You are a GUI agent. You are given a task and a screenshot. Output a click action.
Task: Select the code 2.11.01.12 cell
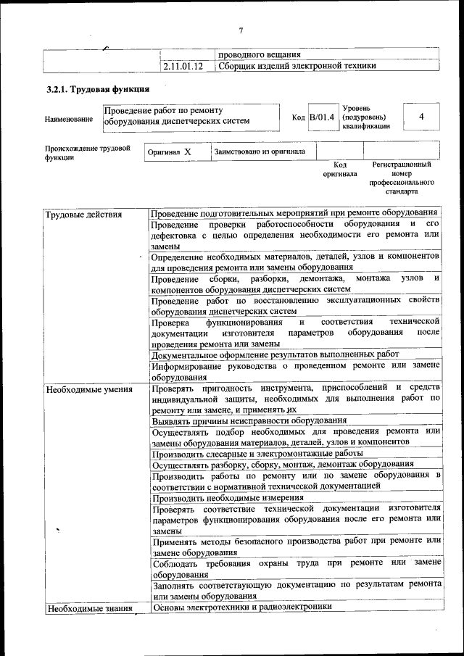183,66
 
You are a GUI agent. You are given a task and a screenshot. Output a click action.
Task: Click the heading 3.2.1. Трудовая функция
98,90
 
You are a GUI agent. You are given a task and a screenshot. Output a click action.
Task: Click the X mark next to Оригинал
188,152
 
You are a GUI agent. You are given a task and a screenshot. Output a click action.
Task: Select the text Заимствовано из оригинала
260,151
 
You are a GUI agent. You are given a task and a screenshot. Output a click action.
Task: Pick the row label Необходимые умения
89,390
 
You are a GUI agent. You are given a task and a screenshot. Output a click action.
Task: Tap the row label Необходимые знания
89,608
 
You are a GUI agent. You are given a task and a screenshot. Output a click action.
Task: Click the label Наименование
69,119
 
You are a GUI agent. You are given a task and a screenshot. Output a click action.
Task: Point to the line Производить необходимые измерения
228,498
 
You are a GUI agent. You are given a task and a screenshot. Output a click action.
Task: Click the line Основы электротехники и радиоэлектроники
241,607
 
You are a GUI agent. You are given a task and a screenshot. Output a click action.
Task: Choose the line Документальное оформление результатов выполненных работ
275,354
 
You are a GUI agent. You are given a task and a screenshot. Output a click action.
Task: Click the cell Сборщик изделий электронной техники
297,66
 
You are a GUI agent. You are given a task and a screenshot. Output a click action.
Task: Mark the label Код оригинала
335,170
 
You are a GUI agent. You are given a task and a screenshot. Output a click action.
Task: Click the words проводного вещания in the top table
260,54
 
